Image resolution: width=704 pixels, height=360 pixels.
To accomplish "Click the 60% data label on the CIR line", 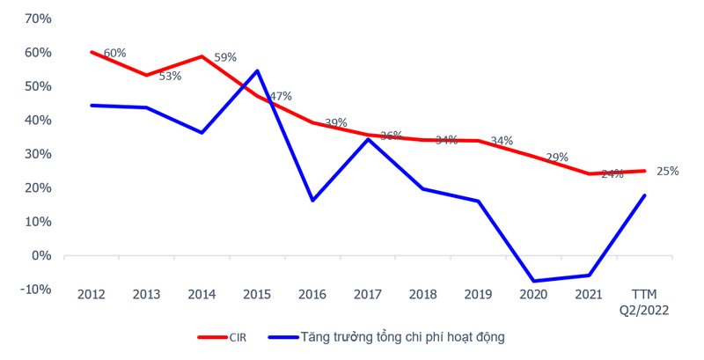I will pyautogui.click(x=114, y=54).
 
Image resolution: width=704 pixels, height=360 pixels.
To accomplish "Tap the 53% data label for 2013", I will pyautogui.click(x=170, y=77).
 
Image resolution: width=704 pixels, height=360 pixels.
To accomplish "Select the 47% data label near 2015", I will pyautogui.click(x=281, y=96).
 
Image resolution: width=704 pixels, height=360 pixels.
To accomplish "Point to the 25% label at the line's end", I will pyautogui.click(x=667, y=172).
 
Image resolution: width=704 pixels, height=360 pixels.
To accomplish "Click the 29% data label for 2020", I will pyautogui.click(x=557, y=158).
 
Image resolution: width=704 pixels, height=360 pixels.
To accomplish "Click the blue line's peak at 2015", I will pyautogui.click(x=257, y=70).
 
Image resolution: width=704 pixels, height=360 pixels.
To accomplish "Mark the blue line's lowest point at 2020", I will pyautogui.click(x=534, y=281).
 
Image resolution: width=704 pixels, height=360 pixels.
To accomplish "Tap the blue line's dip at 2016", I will pyautogui.click(x=312, y=201).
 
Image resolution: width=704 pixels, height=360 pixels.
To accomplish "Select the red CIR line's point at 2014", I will pyautogui.click(x=202, y=56).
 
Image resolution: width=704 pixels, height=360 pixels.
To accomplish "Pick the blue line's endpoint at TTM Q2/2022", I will pyautogui.click(x=645, y=195).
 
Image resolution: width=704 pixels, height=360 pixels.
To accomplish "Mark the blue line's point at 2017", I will pyautogui.click(x=368, y=139).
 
